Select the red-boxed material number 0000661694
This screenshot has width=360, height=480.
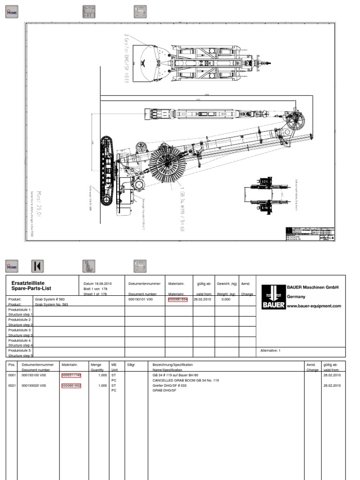(178, 299)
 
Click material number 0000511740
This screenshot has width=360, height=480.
(71, 375)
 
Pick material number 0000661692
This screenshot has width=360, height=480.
(71, 386)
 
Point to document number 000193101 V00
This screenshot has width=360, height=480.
(141, 299)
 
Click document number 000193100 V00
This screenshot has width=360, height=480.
(34, 375)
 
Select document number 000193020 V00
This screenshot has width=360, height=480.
(34, 386)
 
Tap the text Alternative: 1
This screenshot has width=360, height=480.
(270, 350)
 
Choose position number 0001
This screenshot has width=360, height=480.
(12, 375)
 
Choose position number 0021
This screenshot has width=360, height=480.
(12, 386)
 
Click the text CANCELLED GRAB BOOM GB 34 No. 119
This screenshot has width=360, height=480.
(186, 380)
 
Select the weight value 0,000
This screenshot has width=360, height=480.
(226, 299)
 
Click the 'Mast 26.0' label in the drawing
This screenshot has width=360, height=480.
(39, 201)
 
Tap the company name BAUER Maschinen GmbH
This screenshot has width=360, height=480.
(313, 287)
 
